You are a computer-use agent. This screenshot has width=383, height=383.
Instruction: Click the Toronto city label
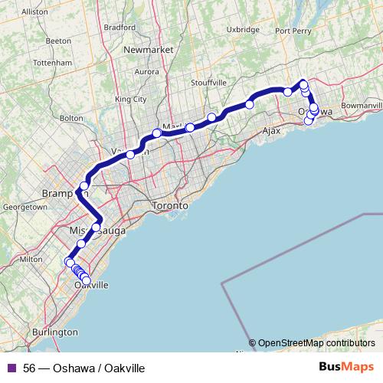170,206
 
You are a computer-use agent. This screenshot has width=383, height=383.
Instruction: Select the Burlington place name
54,332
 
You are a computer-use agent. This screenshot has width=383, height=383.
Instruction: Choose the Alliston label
34,12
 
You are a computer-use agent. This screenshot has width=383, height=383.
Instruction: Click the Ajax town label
273,131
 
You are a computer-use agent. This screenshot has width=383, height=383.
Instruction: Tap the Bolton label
70,118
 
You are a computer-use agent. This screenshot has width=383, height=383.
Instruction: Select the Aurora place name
146,72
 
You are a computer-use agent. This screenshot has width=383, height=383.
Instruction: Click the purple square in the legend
11,368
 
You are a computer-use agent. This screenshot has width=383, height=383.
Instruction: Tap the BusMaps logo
346,368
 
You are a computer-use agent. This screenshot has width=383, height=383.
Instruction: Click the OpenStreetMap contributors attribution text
316,343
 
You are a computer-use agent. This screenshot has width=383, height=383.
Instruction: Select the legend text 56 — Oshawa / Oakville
84,368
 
